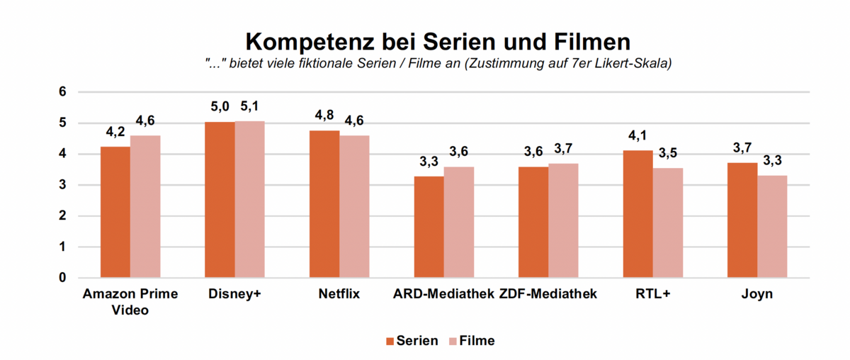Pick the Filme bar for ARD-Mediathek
point(459,223)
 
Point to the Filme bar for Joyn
point(772,227)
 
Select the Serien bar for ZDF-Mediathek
point(533,223)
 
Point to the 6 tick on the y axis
point(62,92)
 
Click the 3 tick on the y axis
point(62,185)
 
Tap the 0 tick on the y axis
point(62,278)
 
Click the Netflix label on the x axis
point(339,294)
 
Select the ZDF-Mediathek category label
point(548,294)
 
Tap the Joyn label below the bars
point(757,294)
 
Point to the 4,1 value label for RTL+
point(637,136)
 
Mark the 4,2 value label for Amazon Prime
point(115,133)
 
